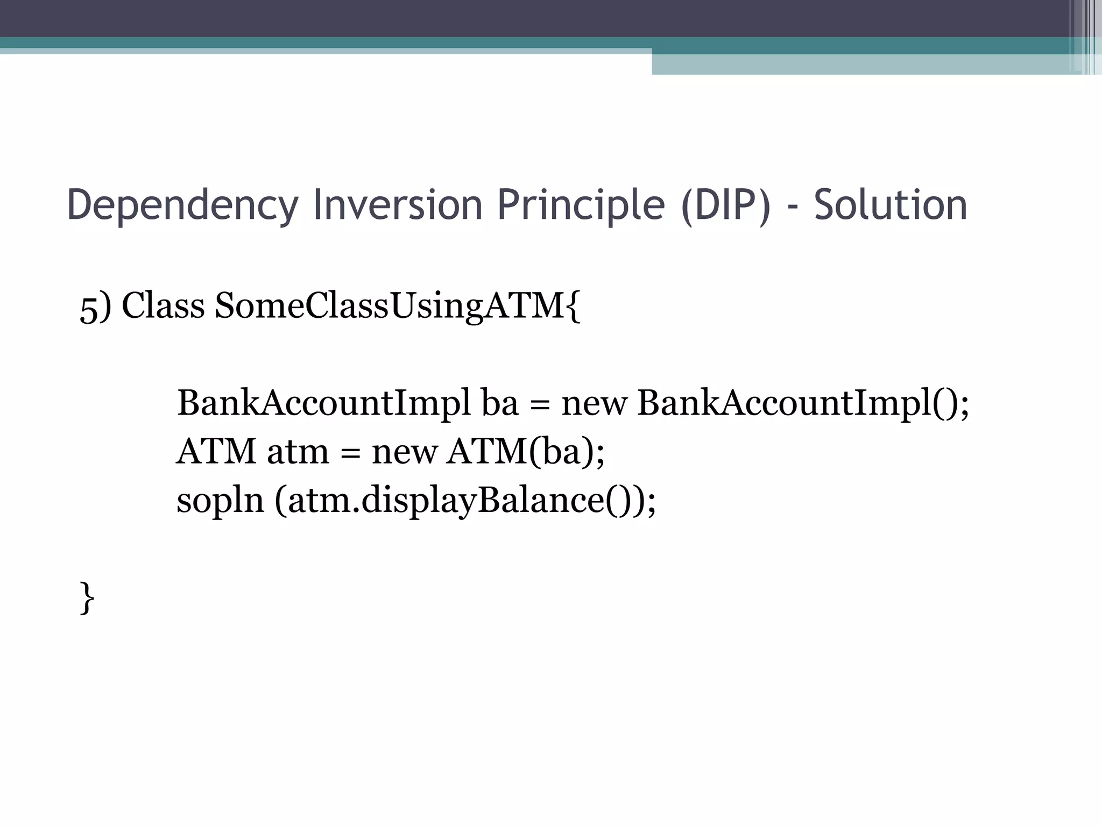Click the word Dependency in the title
[182, 205]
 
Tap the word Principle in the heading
[581, 205]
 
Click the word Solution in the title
[891, 205]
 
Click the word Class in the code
[163, 305]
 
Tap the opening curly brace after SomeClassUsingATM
[573, 307]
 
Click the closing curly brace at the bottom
[87, 597]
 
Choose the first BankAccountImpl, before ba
[323, 403]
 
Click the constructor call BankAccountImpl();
[802, 403]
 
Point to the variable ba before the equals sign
[500, 403]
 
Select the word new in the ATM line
[404, 451]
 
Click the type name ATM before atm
[216, 451]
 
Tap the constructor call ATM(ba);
[525, 451]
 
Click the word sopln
[220, 501]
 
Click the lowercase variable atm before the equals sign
[298, 452]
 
